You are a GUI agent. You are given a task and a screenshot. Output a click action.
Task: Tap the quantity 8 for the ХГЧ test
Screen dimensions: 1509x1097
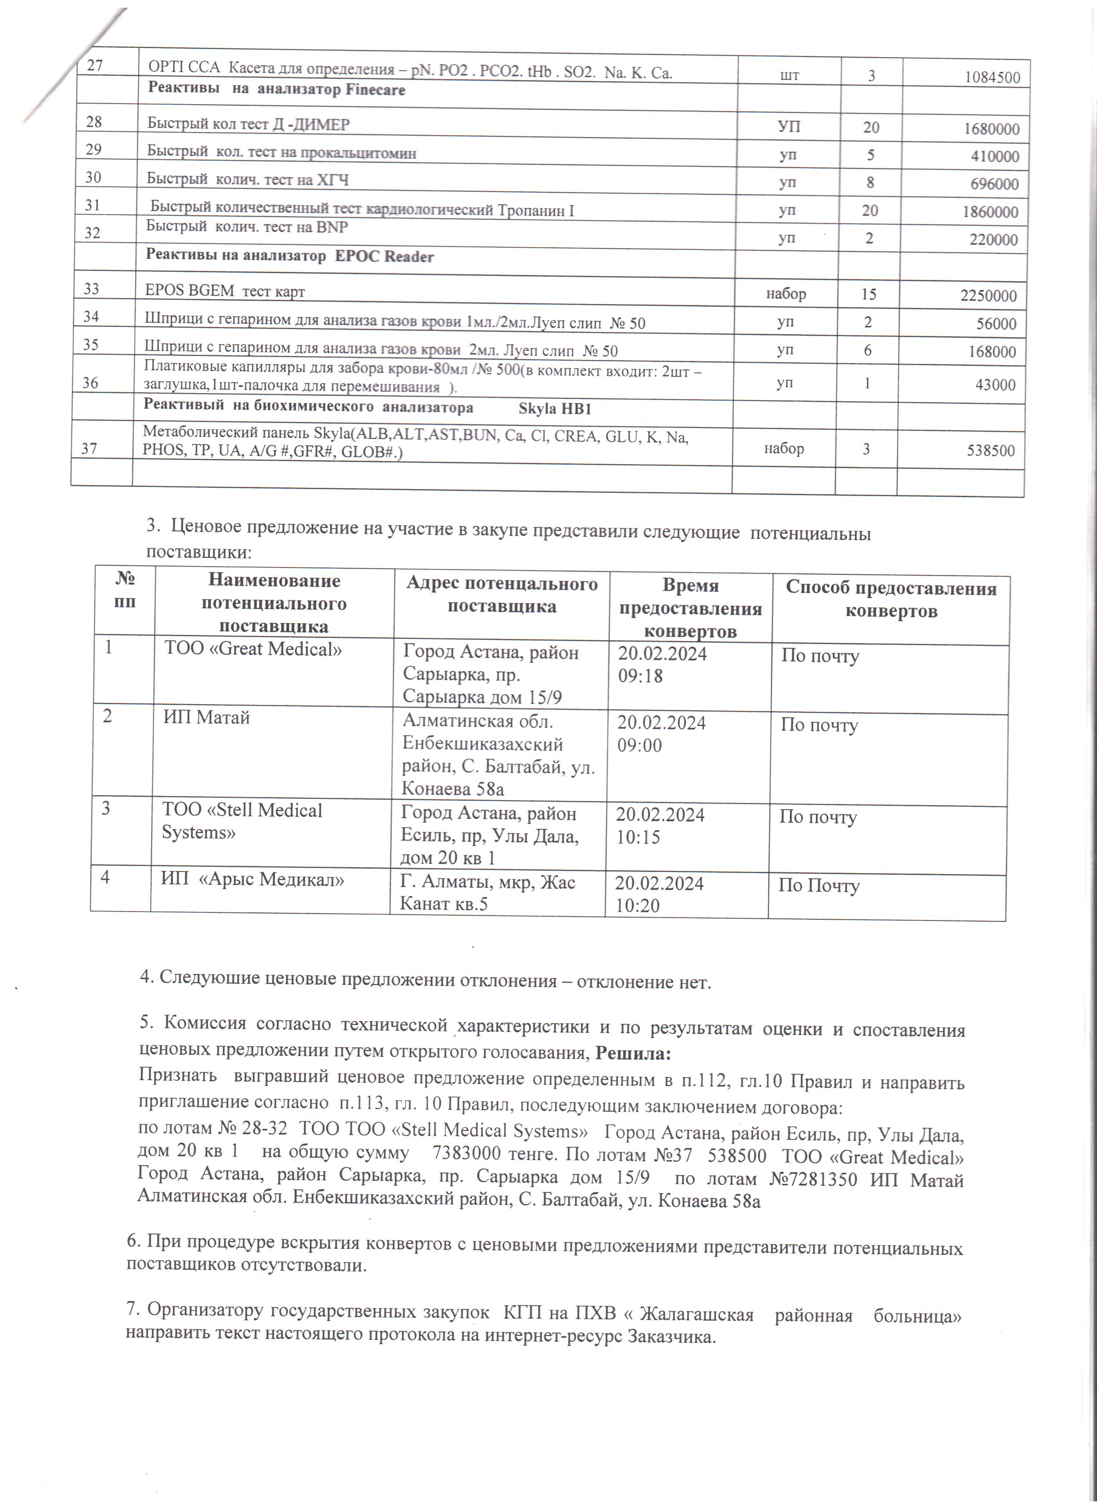(x=870, y=183)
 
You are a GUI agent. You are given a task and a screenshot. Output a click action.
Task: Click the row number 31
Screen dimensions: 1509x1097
(x=92, y=205)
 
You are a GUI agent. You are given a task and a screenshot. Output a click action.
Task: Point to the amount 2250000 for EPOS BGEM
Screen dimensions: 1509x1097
(x=988, y=296)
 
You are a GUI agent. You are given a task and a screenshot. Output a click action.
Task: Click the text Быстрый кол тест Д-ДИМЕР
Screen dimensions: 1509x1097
(x=248, y=124)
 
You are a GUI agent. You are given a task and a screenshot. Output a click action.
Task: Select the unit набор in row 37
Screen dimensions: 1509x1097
(x=784, y=449)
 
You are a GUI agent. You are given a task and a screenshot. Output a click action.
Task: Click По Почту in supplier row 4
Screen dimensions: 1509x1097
(x=819, y=886)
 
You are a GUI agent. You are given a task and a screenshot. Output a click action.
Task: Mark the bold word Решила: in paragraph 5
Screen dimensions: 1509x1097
(x=633, y=1054)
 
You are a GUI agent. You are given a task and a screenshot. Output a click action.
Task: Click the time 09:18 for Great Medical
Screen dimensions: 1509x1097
(x=641, y=676)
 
